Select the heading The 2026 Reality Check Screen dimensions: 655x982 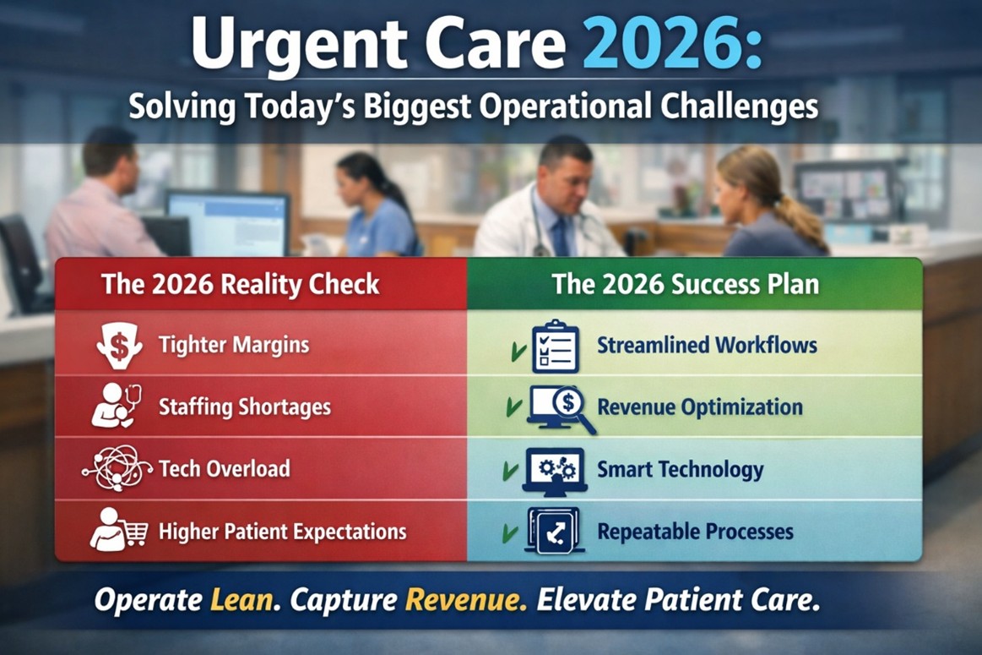(x=240, y=283)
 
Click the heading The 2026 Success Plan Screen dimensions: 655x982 (x=685, y=283)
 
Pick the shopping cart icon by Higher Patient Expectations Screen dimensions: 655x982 (x=119, y=531)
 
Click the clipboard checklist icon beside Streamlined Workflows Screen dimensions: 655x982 (x=555, y=346)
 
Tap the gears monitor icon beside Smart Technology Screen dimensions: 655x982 (x=555, y=471)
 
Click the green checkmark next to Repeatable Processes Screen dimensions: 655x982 (x=510, y=533)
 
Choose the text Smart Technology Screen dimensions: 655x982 (x=680, y=469)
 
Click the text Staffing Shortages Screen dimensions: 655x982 (x=244, y=407)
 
